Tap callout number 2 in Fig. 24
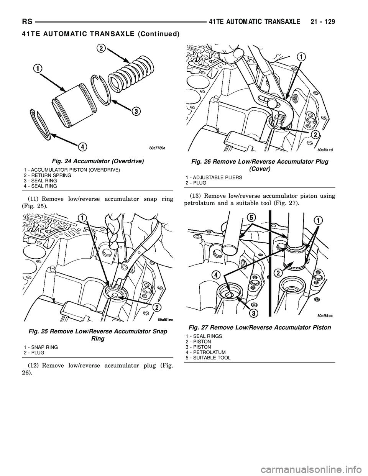pos(101,48)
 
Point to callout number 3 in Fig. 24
pos(135,111)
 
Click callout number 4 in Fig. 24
pos(82,146)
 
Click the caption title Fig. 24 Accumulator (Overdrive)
pos(90,161)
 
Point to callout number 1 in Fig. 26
pos(302,57)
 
